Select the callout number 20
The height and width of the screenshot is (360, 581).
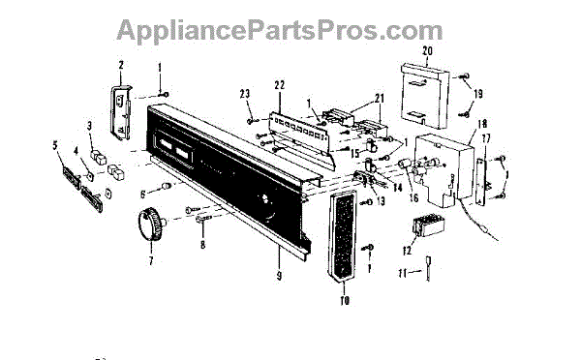pyautogui.click(x=428, y=50)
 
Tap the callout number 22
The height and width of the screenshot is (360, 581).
pyautogui.click(x=280, y=85)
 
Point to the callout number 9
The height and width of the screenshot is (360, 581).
pyautogui.click(x=279, y=276)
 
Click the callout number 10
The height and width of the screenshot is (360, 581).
pyautogui.click(x=345, y=301)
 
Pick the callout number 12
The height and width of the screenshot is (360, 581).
pyautogui.click(x=407, y=251)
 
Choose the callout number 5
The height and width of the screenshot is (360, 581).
pyautogui.click(x=55, y=145)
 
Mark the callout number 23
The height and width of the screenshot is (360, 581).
pyautogui.click(x=245, y=94)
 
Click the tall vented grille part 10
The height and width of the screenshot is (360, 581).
pyautogui.click(x=342, y=236)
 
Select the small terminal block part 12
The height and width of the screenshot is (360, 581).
pyautogui.click(x=428, y=225)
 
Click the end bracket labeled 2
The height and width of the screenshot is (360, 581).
pyautogui.click(x=121, y=112)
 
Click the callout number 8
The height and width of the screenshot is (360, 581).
pyautogui.click(x=202, y=245)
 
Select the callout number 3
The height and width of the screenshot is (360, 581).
pyautogui.click(x=89, y=126)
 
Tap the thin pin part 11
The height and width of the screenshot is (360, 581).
pyautogui.click(x=428, y=268)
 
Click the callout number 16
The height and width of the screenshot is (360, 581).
pyautogui.click(x=413, y=198)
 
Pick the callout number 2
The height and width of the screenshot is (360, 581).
pyautogui.click(x=121, y=66)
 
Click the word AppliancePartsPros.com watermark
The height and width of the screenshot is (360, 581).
pyautogui.click(x=280, y=30)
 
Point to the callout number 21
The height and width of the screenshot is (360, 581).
pyautogui.click(x=380, y=99)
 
